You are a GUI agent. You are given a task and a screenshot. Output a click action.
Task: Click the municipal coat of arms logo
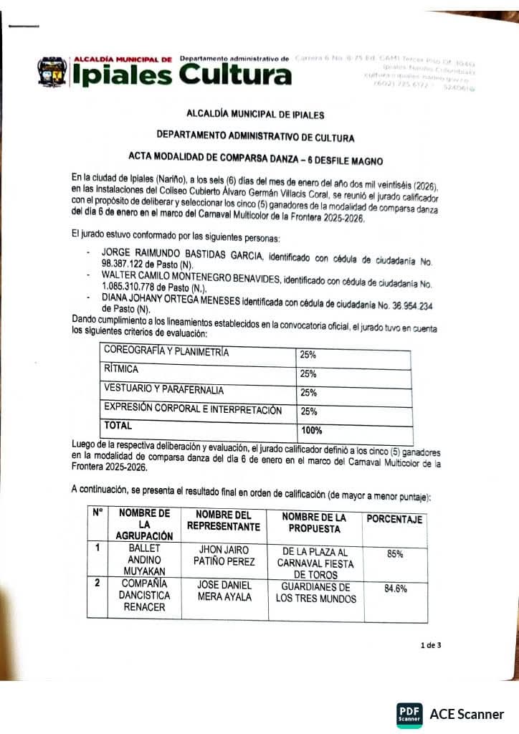coord(52,73)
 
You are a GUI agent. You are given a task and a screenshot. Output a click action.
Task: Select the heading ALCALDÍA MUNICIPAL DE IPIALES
coord(255,115)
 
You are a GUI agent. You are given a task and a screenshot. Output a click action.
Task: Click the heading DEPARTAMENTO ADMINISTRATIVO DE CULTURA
coord(255,135)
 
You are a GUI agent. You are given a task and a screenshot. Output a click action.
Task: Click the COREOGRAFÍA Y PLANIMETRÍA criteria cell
coord(166,351)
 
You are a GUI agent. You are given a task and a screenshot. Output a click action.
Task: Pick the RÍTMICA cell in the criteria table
coord(122,370)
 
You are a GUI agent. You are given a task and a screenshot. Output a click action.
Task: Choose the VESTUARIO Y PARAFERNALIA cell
coord(164,391)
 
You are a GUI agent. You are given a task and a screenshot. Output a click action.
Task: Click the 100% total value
coord(311,431)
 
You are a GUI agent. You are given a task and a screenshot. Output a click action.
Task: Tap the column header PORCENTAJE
coord(394,520)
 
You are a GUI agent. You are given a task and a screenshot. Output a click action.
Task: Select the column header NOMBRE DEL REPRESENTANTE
coord(223,521)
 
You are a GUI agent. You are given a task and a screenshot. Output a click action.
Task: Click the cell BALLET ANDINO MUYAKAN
coord(143,559)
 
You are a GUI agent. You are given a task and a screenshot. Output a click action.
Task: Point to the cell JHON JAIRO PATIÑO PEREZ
coord(223,555)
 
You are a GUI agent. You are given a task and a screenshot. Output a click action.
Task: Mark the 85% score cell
coord(395,554)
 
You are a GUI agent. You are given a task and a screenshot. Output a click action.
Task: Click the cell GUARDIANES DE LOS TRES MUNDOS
coord(315,593)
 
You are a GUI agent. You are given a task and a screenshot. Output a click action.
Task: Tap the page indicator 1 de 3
coord(431,645)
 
